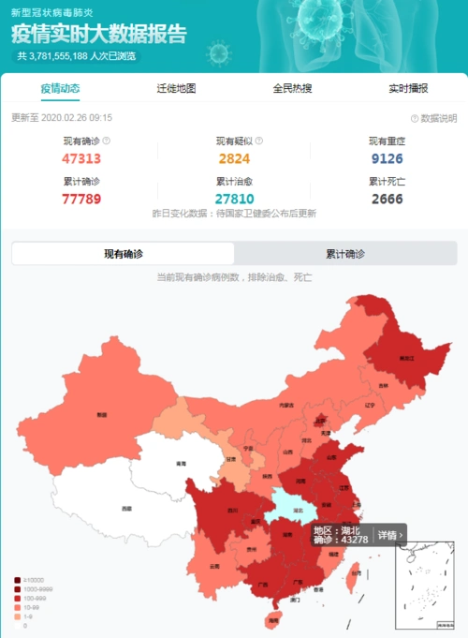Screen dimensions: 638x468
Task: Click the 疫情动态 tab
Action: pyautogui.click(x=60, y=88)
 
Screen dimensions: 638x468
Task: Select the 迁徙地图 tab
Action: pyautogui.click(x=176, y=88)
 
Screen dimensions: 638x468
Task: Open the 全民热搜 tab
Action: pyautogui.click(x=292, y=88)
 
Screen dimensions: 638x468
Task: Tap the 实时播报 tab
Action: pyautogui.click(x=408, y=88)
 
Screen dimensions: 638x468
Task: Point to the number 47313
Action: pyautogui.click(x=81, y=157)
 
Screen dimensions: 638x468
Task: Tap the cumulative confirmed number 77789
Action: pyautogui.click(x=81, y=198)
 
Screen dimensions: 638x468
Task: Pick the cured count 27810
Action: pyautogui.click(x=235, y=198)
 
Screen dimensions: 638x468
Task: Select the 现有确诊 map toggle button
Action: pyautogui.click(x=124, y=254)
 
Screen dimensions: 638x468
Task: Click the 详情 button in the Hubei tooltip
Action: pyautogui.click(x=389, y=535)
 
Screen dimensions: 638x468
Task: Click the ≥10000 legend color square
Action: pyautogui.click(x=19, y=580)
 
